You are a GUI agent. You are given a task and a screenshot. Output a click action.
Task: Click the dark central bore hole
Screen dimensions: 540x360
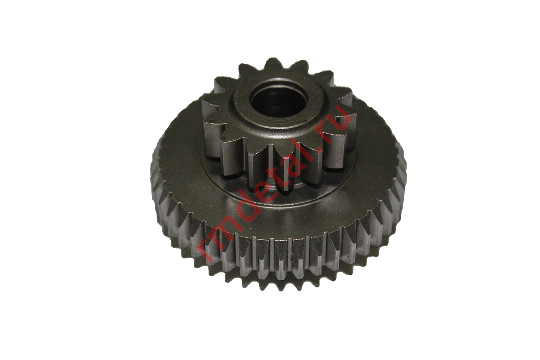279,100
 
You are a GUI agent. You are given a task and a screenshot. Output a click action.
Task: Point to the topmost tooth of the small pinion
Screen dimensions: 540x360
273,64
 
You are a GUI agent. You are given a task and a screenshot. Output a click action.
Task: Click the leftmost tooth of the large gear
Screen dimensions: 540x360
154,169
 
